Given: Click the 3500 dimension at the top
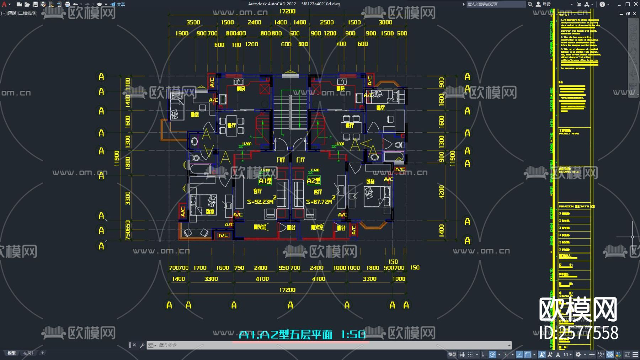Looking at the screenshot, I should tap(193, 22).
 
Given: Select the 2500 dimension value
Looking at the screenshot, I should tap(326, 22).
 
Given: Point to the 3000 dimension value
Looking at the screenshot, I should tap(385, 22).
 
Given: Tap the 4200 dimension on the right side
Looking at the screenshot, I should tap(441, 192).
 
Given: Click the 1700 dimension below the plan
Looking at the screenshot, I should tap(200, 268).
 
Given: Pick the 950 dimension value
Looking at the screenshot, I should tap(283, 268).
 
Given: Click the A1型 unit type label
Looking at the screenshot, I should tap(265, 181).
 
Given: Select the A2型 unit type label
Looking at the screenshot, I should tap(313, 181).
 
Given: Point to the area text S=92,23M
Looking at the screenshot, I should tap(260, 202).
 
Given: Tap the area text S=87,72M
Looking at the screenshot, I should tap(319, 202).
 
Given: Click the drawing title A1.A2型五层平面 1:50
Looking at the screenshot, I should tap(302, 335).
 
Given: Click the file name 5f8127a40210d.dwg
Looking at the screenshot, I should tap(320, 4).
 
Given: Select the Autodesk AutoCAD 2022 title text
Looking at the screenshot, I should tap(272, 4).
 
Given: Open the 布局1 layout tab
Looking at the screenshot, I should tap(28, 353).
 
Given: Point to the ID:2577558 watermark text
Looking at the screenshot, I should tap(578, 333).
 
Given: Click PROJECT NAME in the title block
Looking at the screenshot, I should tap(569, 134).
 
